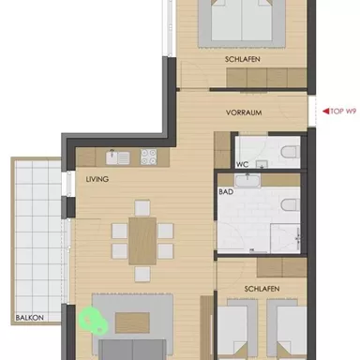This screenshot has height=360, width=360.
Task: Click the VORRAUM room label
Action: (x=242, y=112)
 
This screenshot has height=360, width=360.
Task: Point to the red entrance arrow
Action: (x=319, y=111)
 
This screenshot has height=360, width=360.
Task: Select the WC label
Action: (x=243, y=162)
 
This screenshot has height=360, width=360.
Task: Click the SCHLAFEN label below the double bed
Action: (x=242, y=59)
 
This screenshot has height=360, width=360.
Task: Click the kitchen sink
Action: (x=111, y=156)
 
